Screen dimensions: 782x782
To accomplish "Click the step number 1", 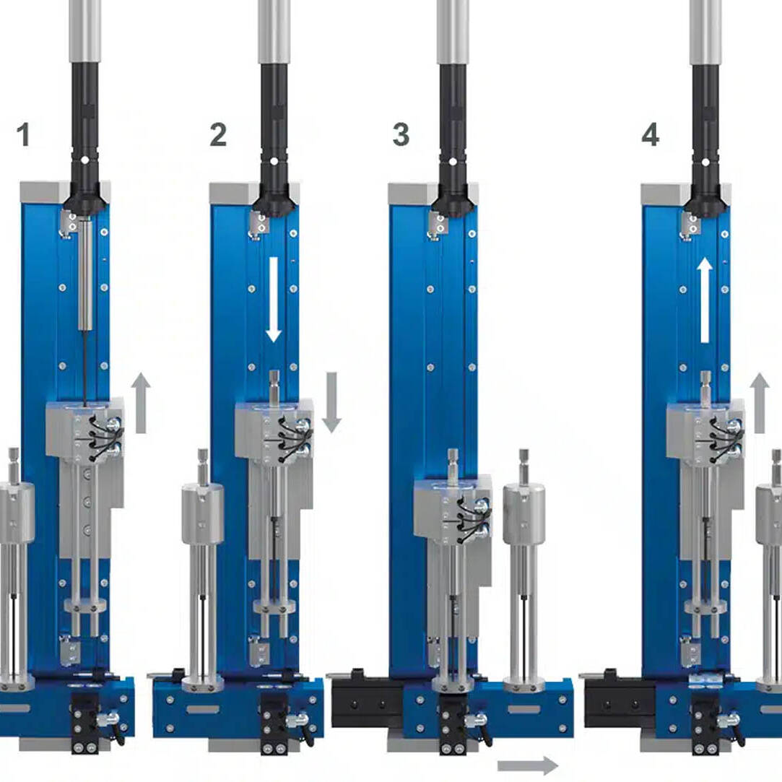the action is pyautogui.click(x=23, y=134).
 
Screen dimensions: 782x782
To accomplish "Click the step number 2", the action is pyautogui.click(x=218, y=134).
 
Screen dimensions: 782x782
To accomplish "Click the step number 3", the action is pyautogui.click(x=401, y=134).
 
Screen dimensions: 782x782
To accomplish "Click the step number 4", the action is pyautogui.click(x=650, y=134).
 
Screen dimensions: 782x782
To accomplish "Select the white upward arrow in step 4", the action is pyautogui.click(x=705, y=300).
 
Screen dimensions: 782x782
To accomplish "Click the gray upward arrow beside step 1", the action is pyautogui.click(x=141, y=402).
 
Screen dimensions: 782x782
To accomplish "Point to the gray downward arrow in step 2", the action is pyautogui.click(x=331, y=402).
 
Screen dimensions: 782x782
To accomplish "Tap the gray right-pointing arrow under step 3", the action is pyautogui.click(x=528, y=765).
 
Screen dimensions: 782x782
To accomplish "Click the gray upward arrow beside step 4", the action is pyautogui.click(x=760, y=402).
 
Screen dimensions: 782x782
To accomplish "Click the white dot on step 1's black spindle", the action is pyautogui.click(x=84, y=160).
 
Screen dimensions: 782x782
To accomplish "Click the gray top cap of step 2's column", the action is pyautogui.click(x=254, y=194).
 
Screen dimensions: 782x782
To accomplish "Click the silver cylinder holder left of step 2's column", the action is pyautogui.click(x=202, y=513).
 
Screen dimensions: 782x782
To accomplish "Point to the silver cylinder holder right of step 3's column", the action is pyautogui.click(x=523, y=513).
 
